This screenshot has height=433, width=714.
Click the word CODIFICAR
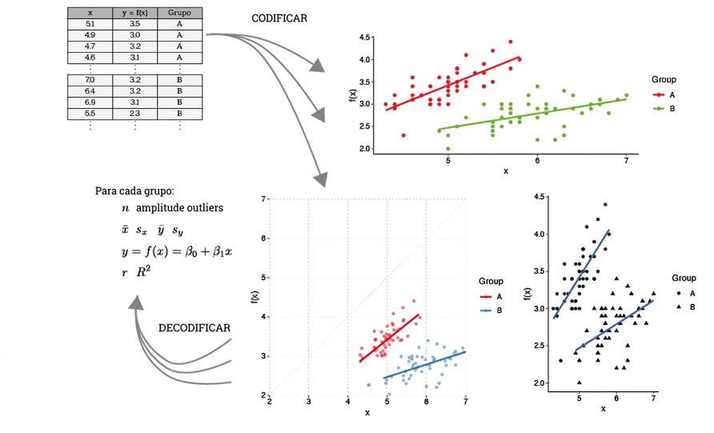(x=279, y=18)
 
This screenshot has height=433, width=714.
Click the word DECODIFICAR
(x=195, y=328)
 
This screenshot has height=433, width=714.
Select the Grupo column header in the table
(x=179, y=13)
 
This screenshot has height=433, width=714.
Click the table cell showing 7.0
(x=90, y=80)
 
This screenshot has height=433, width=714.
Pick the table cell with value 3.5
(x=134, y=24)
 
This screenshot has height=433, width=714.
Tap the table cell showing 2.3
(x=134, y=114)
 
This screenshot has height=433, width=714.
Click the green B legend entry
(x=665, y=109)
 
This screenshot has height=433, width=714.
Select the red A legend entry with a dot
(x=665, y=95)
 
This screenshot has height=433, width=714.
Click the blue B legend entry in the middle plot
(x=491, y=311)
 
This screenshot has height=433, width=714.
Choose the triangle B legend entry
(x=687, y=307)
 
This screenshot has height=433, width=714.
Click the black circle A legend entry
(x=687, y=294)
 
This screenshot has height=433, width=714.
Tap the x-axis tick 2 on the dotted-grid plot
(x=270, y=401)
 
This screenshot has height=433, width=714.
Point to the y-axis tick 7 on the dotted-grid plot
(x=263, y=199)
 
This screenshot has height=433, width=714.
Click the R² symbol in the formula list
(x=143, y=272)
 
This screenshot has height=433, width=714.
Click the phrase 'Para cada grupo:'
(x=134, y=191)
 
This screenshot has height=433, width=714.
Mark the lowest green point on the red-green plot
(x=448, y=149)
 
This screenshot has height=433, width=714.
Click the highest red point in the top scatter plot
(x=511, y=42)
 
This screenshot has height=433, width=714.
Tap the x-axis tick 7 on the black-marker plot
(x=653, y=399)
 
